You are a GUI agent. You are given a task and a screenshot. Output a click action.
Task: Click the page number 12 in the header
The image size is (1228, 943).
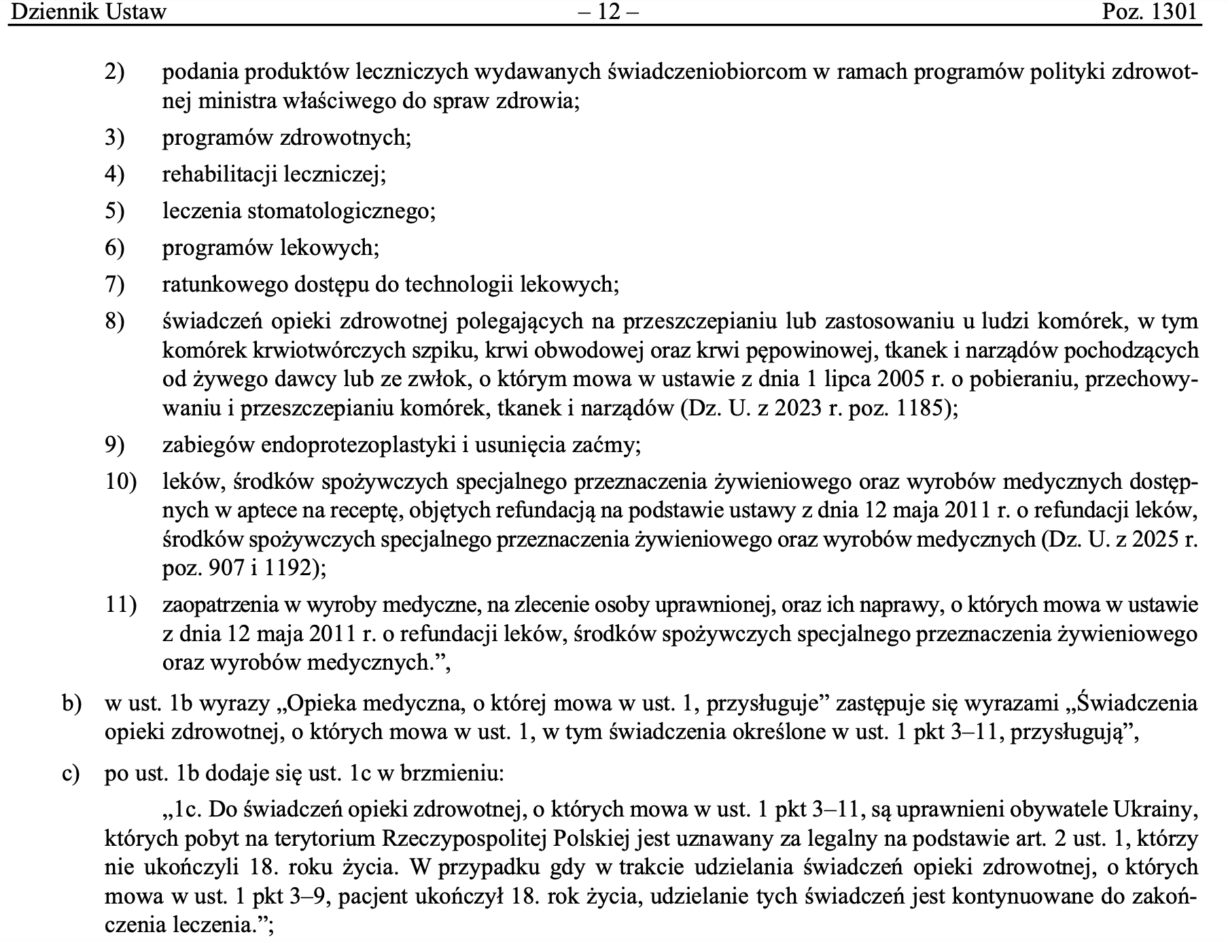point(610,12)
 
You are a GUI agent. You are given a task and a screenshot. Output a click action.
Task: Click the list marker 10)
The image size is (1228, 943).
point(120,482)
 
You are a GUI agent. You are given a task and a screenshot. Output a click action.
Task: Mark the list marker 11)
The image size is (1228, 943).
point(120,604)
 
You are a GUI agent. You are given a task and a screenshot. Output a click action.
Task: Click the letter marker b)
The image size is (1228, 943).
point(71,704)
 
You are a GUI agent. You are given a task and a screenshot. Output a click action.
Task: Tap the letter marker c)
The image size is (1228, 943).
point(71,774)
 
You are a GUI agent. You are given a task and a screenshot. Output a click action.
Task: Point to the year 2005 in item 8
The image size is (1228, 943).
point(909,379)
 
